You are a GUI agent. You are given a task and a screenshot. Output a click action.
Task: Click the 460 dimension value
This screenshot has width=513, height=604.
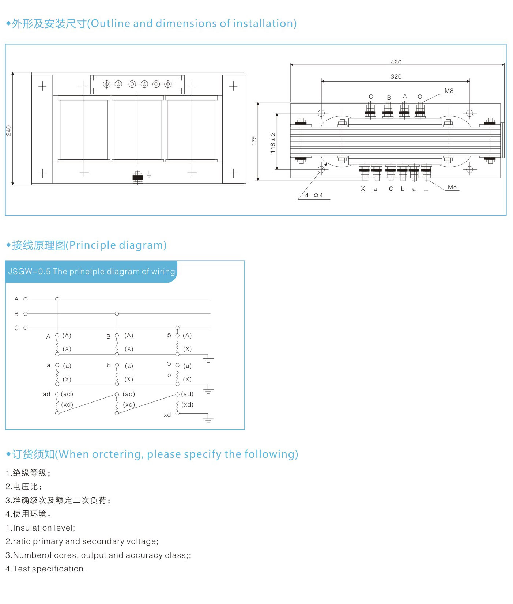[x=396, y=62]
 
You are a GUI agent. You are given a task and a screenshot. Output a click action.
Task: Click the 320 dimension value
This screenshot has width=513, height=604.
[x=396, y=76]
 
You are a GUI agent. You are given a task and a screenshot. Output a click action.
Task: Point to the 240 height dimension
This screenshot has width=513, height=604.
[x=8, y=131]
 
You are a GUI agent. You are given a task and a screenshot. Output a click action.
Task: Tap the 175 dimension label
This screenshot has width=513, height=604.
[x=254, y=141]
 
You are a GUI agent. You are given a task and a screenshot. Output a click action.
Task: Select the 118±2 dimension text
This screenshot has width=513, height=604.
[x=273, y=143]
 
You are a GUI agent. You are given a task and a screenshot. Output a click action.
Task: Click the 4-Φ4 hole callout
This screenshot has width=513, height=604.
[x=314, y=196]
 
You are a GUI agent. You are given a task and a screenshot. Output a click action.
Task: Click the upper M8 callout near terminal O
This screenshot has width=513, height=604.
[x=449, y=91]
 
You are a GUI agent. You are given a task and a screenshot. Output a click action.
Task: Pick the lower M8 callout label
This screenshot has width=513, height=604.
[x=452, y=187]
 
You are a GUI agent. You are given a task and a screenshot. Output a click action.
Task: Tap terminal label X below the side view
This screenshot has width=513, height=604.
[x=363, y=189]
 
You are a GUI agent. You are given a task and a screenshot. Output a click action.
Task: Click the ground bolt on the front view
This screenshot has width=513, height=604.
[x=138, y=177]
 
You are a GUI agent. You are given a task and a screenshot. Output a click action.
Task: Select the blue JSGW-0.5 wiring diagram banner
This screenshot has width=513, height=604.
[x=91, y=271]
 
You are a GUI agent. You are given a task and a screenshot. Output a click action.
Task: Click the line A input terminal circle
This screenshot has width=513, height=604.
[x=26, y=299]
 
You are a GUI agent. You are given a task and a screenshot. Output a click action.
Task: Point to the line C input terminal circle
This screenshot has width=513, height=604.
[x=26, y=328]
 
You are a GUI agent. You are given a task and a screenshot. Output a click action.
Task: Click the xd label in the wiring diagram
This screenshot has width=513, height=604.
[x=167, y=415]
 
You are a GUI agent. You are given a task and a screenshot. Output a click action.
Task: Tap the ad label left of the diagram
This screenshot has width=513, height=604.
[x=46, y=394]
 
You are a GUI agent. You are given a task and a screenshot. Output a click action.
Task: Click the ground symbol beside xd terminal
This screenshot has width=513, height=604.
[x=208, y=419]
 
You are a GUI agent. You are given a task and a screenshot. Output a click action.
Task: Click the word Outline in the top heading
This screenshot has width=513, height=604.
[x=110, y=23]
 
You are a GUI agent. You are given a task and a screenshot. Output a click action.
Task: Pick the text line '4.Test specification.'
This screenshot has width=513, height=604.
[x=46, y=569]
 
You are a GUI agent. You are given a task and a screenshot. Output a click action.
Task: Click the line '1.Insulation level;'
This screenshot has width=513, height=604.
[x=40, y=528]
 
